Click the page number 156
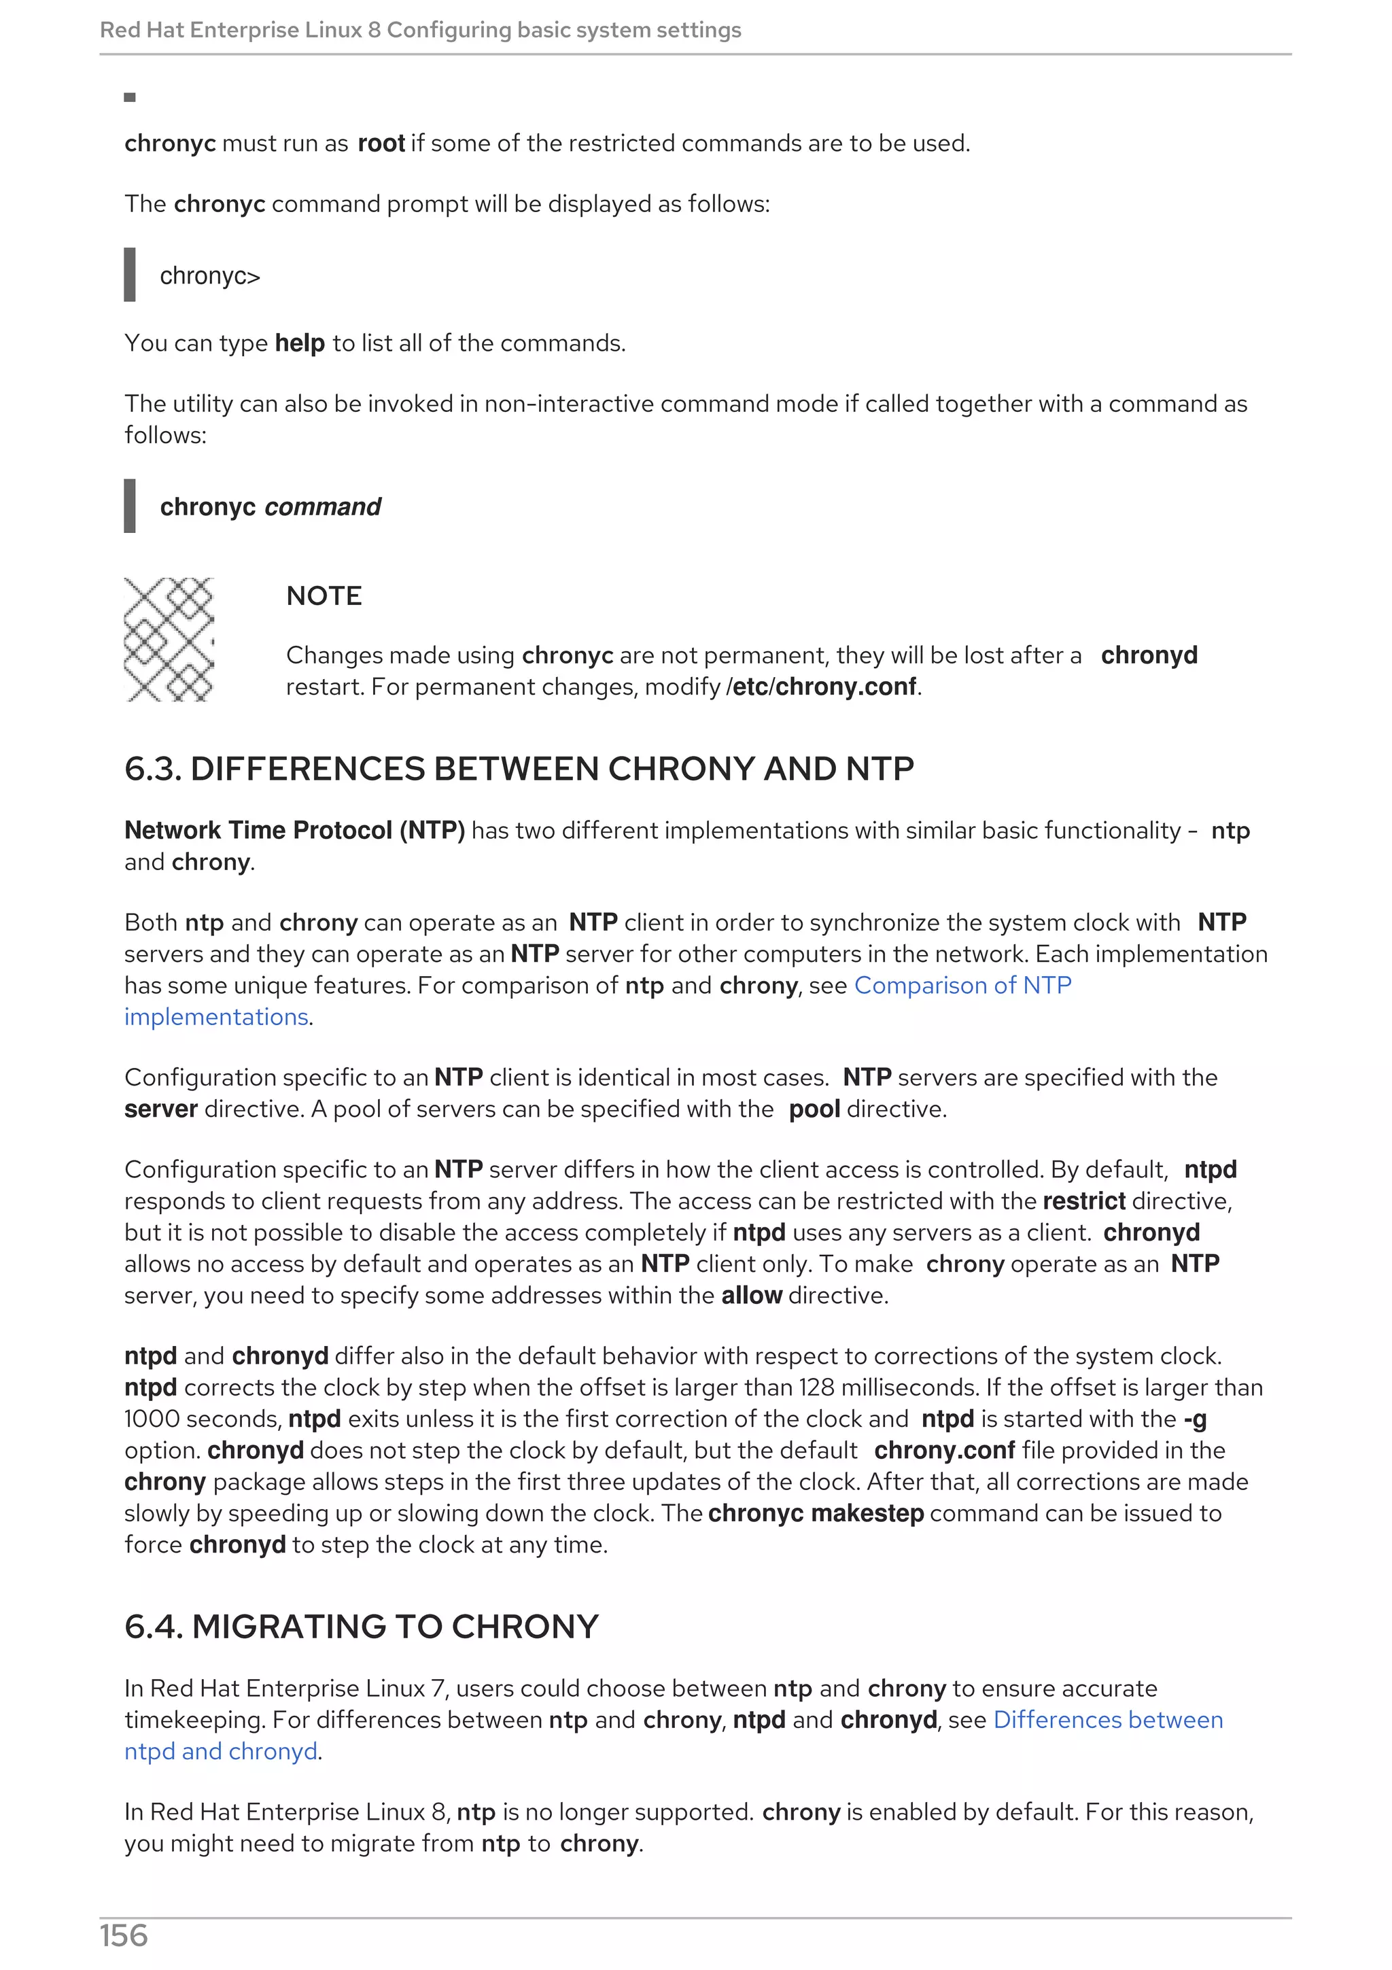(x=124, y=1936)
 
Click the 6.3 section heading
(x=519, y=769)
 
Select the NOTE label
(x=324, y=595)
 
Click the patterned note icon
(x=169, y=639)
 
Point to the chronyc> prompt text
(x=210, y=275)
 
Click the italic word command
(x=322, y=507)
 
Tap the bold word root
(x=381, y=143)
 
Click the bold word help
(x=299, y=343)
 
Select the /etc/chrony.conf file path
(x=822, y=687)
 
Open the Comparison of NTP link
(x=962, y=986)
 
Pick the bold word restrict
(x=1084, y=1201)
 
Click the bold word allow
(x=751, y=1296)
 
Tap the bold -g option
(x=1195, y=1419)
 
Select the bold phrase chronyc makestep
(x=816, y=1514)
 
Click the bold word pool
(x=814, y=1109)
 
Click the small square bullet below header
(x=130, y=97)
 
